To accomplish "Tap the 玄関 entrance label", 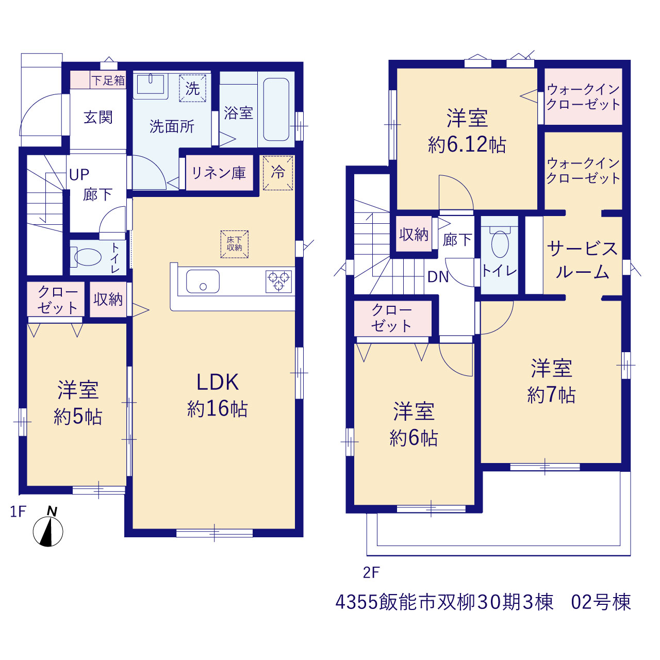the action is point(98,117).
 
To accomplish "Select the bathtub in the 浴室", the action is point(276,109).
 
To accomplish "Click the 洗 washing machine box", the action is point(192,88).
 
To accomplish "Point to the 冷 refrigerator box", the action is point(278,173).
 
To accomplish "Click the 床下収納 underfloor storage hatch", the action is point(234,244).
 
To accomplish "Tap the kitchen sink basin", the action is point(203,281).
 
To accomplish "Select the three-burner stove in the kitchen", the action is point(279,281).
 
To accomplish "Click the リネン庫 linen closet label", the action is point(219,173).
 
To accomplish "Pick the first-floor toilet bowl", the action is point(87,257).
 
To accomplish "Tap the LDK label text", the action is point(218,382).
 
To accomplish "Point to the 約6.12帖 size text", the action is point(467,144).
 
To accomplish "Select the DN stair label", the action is point(438,277).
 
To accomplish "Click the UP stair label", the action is point(79,175).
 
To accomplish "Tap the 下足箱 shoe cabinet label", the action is point(108,80).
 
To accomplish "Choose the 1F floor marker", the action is point(18,511).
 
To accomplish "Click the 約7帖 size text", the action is point(551,395).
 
